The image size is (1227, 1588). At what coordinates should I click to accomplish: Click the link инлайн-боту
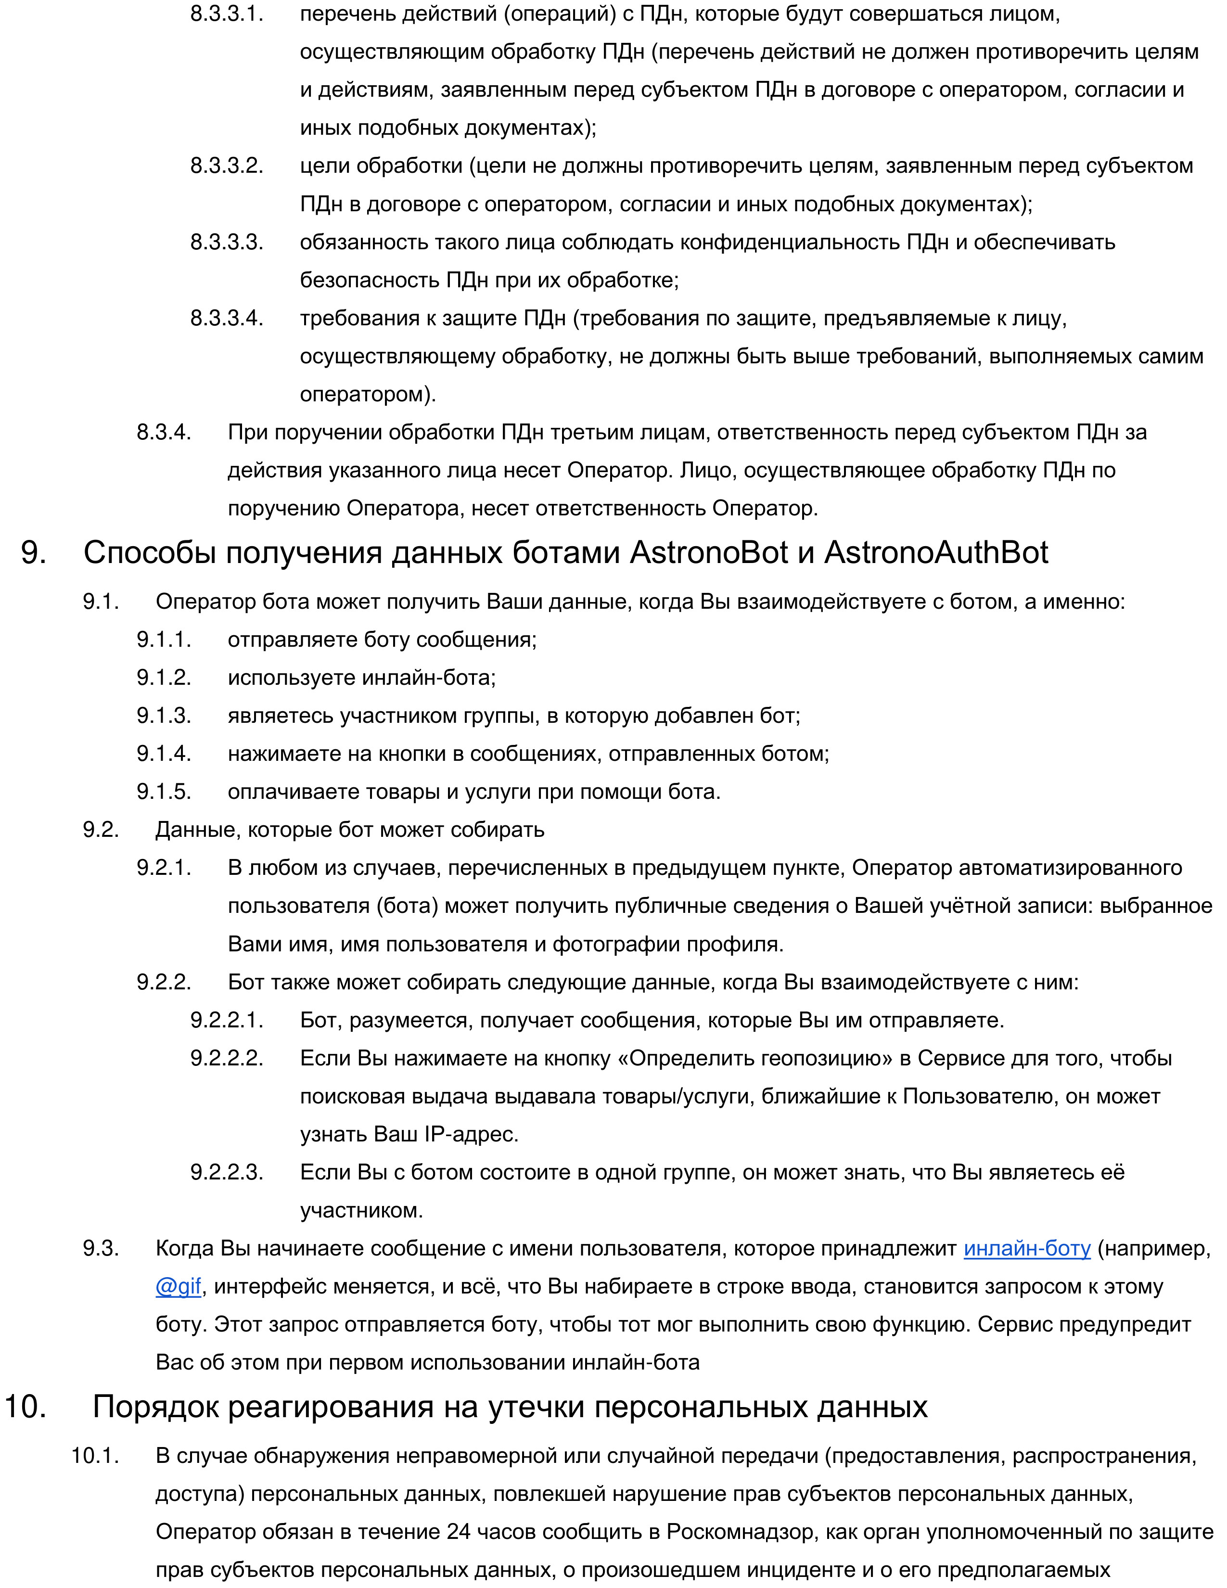(x=1026, y=1248)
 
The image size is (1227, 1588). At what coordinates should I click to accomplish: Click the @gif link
(x=178, y=1286)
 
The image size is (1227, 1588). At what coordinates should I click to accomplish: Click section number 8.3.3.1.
(x=227, y=14)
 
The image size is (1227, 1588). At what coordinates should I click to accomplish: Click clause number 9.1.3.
(x=164, y=716)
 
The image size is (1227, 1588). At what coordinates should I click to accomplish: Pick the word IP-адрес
(x=471, y=1134)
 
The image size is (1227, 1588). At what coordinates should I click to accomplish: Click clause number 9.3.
(x=101, y=1248)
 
